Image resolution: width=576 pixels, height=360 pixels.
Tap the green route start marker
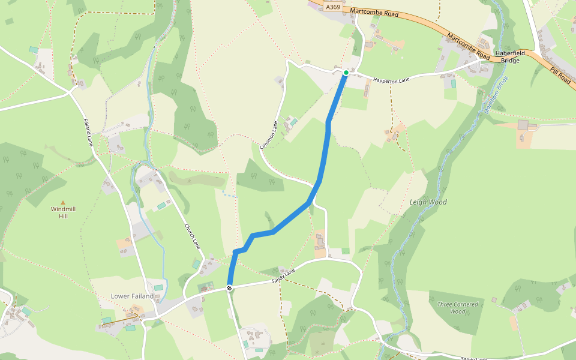point(346,73)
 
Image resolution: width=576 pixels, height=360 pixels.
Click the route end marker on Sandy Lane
point(229,289)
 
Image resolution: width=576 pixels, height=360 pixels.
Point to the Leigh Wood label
point(428,202)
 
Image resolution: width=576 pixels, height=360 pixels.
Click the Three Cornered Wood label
point(457,308)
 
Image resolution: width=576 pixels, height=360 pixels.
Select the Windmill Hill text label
point(63,212)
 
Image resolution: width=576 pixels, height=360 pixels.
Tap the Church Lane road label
point(191,237)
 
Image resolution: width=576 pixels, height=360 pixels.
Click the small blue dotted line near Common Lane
point(229,194)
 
